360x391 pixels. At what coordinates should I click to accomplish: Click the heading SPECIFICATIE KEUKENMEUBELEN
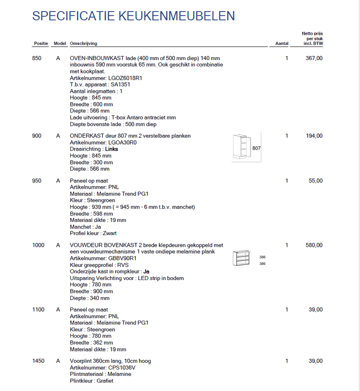point(133,16)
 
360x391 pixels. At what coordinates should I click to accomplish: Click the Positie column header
point(41,43)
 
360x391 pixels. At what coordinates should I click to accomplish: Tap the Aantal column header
point(282,43)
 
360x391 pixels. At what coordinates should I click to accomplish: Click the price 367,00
point(314,58)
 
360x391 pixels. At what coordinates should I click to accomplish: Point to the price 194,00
point(314,136)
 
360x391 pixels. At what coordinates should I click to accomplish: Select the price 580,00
point(314,245)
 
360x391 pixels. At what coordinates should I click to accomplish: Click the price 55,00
point(316,181)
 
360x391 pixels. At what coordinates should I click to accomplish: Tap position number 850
point(37,58)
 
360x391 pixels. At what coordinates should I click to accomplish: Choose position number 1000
point(38,245)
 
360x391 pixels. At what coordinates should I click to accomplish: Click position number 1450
point(38,361)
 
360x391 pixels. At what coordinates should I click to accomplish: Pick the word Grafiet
point(105,381)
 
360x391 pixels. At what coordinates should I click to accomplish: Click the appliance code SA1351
point(120,85)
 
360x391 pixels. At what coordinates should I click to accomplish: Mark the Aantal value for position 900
point(287,136)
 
